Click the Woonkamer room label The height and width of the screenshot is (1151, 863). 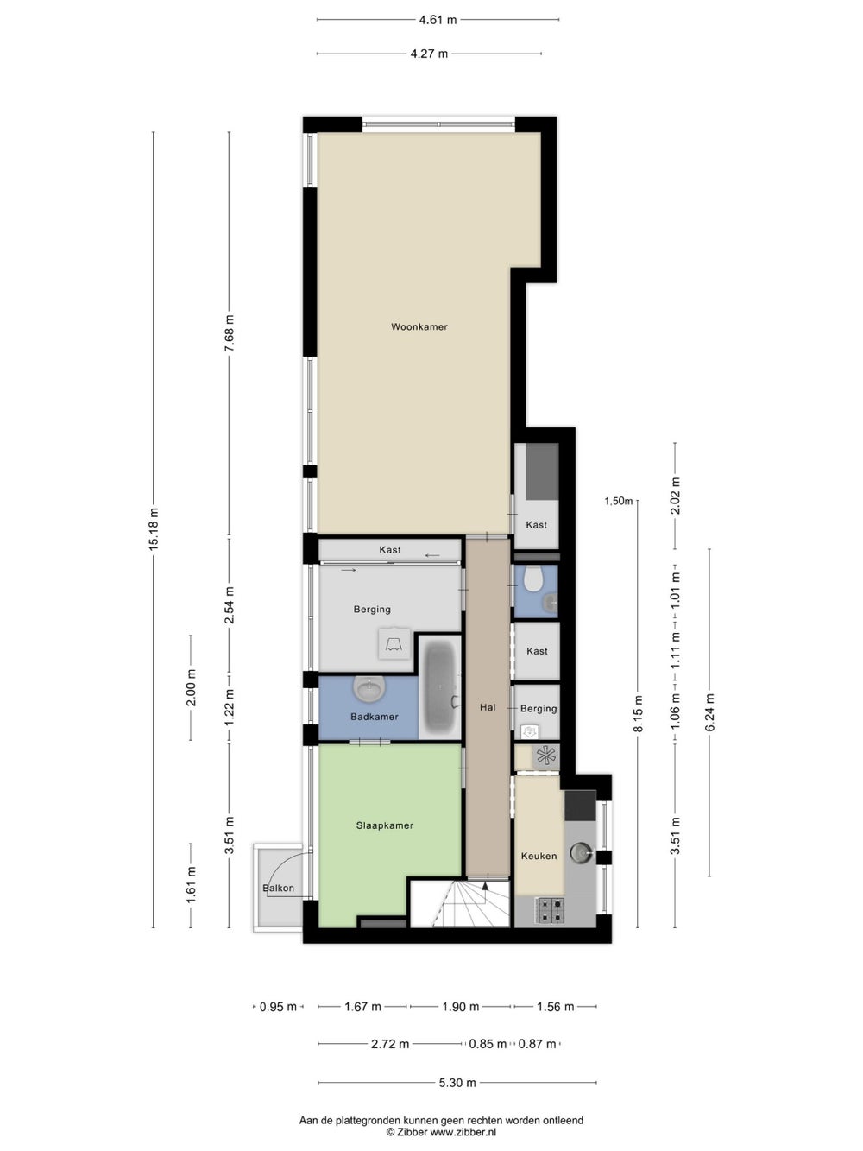[419, 326]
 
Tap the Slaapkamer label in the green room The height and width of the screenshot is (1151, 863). [385, 825]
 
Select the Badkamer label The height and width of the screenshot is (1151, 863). [375, 717]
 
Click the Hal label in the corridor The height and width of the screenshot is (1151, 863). [488, 707]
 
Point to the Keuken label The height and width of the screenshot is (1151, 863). [539, 856]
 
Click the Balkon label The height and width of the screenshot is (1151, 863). [278, 889]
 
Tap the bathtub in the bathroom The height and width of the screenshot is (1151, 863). [441, 687]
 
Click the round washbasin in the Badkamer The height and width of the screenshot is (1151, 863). [369, 688]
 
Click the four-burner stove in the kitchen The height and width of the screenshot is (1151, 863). [549, 911]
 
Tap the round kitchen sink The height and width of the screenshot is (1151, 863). [580, 852]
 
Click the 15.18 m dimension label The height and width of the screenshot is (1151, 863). [154, 529]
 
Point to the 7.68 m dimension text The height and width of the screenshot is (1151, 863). [229, 334]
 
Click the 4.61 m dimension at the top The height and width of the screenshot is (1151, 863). [438, 20]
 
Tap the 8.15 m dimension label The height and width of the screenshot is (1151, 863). [638, 714]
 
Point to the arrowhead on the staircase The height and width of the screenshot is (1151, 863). [485, 886]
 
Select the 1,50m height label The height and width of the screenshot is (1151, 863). [618, 501]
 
